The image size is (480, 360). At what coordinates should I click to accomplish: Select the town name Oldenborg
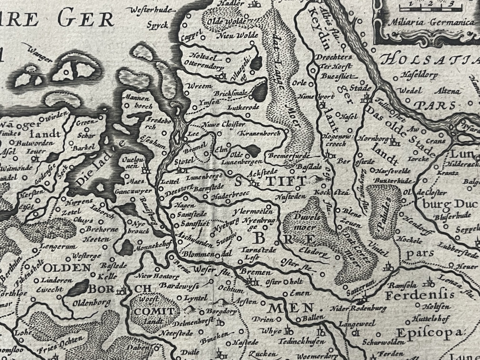tap(91, 303)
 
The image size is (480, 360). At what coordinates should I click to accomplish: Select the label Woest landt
tap(149, 310)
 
